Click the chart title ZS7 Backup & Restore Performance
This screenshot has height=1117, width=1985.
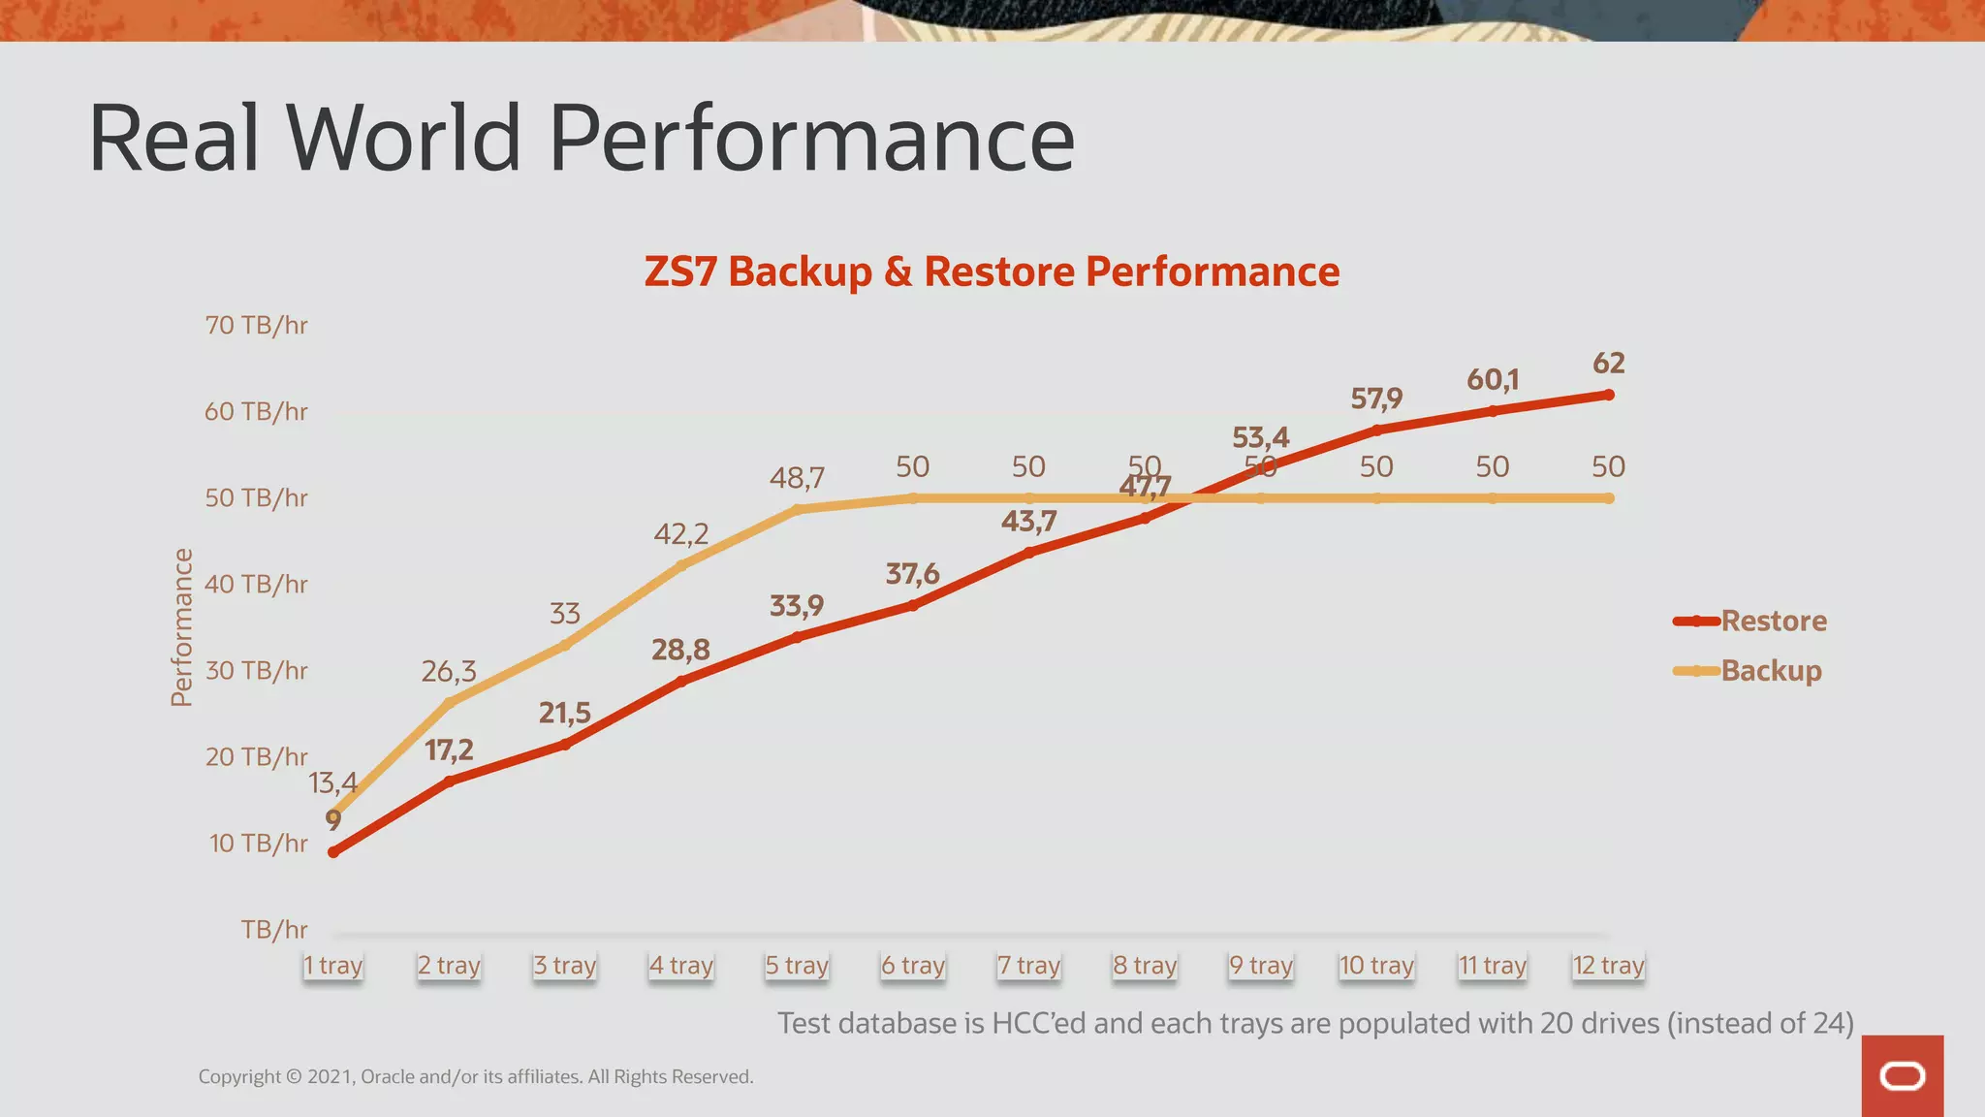coord(992,271)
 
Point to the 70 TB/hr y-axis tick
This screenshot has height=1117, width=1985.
coord(256,325)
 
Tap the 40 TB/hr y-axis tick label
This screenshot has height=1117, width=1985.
coord(256,584)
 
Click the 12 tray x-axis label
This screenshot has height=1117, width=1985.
coord(1608,966)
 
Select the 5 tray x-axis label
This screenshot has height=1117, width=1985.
coord(797,966)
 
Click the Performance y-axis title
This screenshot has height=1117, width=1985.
coord(181,627)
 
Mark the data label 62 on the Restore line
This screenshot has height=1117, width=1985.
coord(1608,363)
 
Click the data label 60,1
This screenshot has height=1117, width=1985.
coord(1492,379)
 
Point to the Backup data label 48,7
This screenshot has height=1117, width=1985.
coord(797,478)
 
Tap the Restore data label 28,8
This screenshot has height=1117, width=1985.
coord(680,650)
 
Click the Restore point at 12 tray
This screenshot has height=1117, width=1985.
coord(1609,395)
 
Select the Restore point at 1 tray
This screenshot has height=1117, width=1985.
coord(333,852)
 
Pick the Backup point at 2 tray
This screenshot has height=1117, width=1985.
coord(449,701)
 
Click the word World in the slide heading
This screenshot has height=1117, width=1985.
coord(403,138)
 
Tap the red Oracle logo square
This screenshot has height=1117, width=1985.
coord(1902,1075)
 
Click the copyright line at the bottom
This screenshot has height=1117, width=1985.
coord(476,1076)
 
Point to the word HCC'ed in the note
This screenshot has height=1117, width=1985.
coord(1038,1023)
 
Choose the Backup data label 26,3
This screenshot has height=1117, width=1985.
coord(449,671)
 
